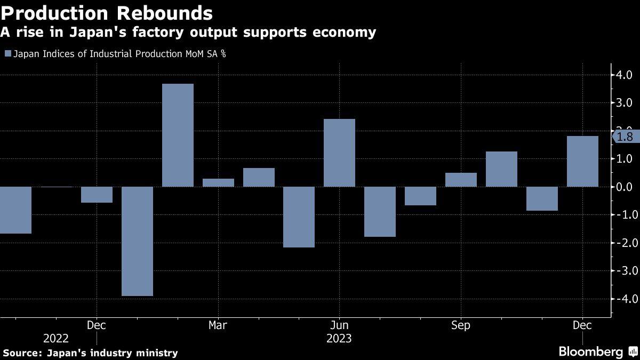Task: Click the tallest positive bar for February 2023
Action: tap(178, 135)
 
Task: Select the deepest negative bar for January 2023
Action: tap(138, 241)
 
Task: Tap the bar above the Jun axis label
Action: tap(339, 153)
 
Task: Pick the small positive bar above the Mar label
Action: tap(218, 182)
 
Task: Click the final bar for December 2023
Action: tap(582, 161)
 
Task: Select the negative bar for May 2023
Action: tap(299, 217)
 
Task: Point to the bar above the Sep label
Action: tap(461, 180)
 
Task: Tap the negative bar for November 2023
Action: tap(542, 198)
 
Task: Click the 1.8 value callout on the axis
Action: tap(625, 137)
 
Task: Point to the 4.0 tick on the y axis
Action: tap(625, 75)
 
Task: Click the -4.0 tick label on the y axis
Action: tap(623, 299)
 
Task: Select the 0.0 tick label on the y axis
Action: tap(625, 187)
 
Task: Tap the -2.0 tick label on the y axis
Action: tap(623, 243)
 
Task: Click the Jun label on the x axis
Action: tap(339, 325)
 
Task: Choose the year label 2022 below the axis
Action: tap(56, 338)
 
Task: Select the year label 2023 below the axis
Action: tap(339, 338)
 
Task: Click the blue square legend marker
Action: tap(7, 54)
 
